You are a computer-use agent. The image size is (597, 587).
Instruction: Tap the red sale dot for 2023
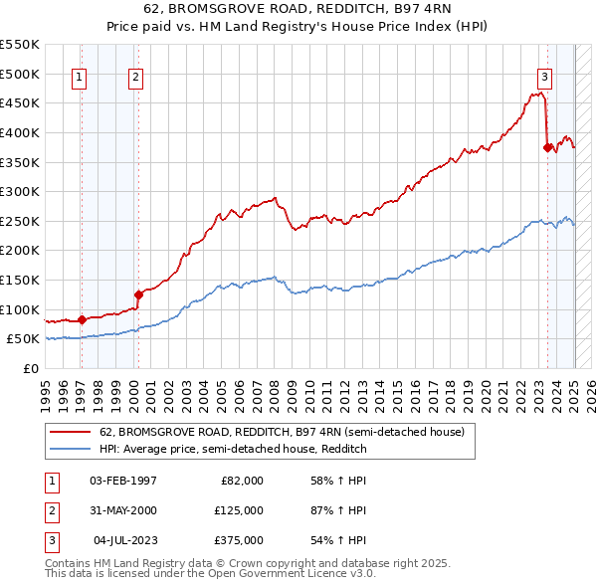[547, 147]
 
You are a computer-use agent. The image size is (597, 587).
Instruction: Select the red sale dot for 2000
[138, 293]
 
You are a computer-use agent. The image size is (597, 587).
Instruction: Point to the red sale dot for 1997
[82, 319]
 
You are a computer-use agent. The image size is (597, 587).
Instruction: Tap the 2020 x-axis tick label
[487, 392]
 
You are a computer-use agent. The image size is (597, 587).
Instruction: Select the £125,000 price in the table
[239, 510]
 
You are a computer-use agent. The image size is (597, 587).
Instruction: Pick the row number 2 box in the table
[50, 510]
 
